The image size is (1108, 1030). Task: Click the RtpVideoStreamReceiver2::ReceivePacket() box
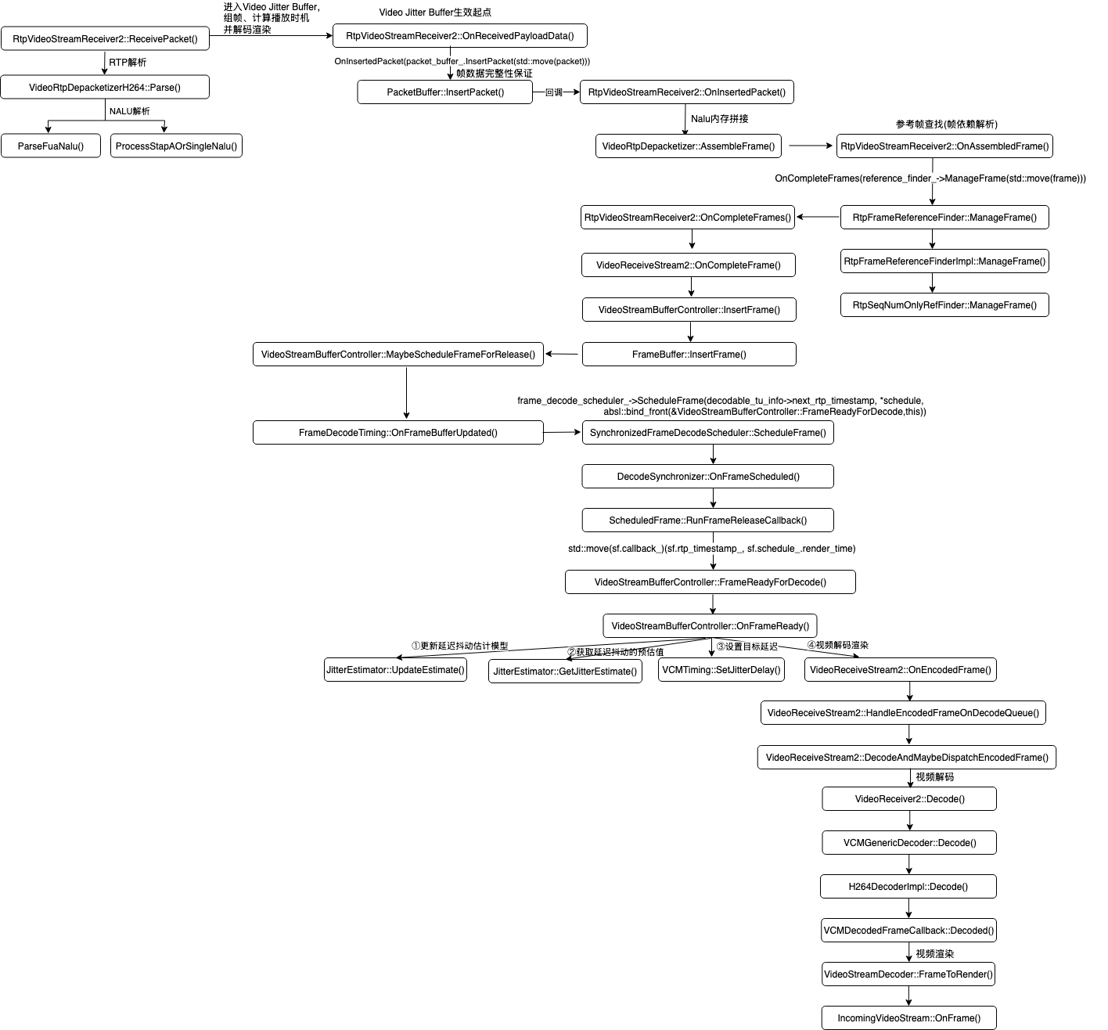[105, 39]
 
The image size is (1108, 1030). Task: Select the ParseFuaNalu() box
[51, 146]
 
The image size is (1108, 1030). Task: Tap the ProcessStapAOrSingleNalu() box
[176, 146]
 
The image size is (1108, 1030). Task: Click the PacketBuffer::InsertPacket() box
[445, 92]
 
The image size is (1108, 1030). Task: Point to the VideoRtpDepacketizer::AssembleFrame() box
[689, 146]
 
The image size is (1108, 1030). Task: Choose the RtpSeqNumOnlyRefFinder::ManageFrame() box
[944, 305]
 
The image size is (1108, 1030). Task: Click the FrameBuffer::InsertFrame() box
[689, 355]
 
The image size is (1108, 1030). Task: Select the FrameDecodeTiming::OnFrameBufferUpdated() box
[398, 433]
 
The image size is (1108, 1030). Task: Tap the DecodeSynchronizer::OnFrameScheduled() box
[708, 477]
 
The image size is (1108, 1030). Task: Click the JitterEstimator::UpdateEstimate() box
[396, 670]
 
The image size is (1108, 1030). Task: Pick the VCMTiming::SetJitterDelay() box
[721, 670]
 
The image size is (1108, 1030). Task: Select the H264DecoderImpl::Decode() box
[908, 887]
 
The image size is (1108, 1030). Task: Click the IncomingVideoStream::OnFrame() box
[908, 1018]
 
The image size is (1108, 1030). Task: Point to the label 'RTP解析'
[128, 63]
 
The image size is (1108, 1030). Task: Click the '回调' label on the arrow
[554, 92]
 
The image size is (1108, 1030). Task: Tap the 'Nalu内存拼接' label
[720, 119]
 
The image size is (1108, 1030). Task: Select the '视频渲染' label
[935, 954]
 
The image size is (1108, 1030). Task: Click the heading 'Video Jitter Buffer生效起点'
[435, 13]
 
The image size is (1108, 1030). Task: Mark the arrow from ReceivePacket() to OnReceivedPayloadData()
[271, 36]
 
